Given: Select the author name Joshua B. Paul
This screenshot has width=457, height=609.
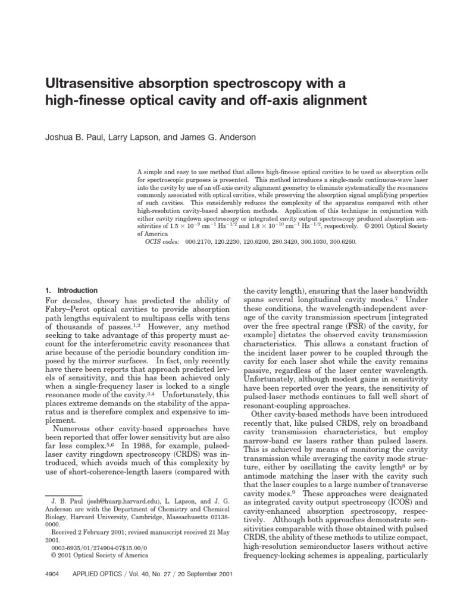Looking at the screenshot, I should click(73, 137).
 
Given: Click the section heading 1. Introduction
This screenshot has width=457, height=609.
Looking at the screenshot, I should click(71, 290).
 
